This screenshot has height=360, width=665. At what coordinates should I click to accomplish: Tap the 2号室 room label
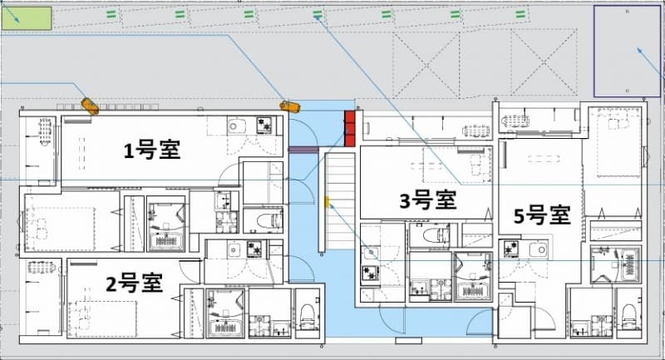click(x=134, y=284)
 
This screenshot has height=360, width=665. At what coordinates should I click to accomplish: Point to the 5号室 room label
click(x=542, y=215)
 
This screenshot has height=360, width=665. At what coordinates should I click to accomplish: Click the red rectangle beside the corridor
click(x=350, y=128)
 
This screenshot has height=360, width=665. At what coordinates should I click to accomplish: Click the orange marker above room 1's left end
click(x=89, y=106)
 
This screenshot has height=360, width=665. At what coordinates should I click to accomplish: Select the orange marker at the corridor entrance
click(x=288, y=106)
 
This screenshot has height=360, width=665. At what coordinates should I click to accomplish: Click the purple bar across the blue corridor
click(x=305, y=150)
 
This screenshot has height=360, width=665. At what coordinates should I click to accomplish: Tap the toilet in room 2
click(x=307, y=314)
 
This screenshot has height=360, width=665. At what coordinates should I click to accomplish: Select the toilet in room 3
click(x=434, y=236)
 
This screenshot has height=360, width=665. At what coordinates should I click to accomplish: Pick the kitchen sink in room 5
click(x=539, y=249)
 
